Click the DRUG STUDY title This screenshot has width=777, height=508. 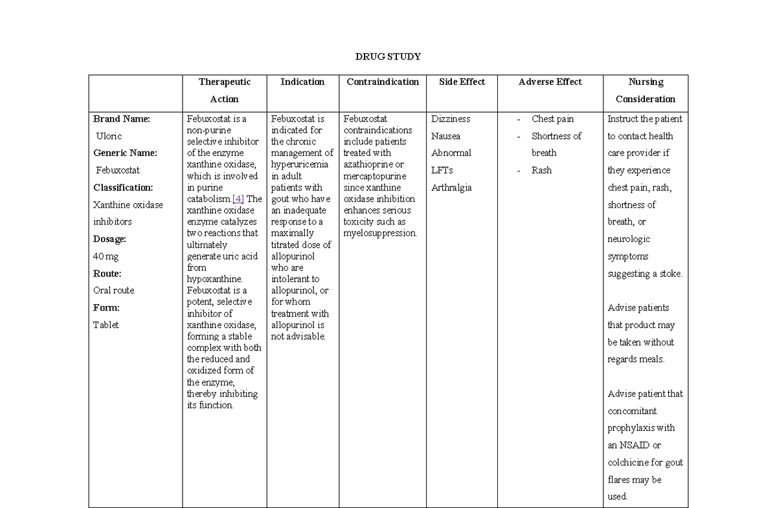388,56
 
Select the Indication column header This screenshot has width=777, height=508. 302,82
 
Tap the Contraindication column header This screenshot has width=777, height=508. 383,82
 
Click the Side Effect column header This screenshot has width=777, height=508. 462,82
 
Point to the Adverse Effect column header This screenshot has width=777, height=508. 550,82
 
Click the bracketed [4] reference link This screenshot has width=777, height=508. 238,199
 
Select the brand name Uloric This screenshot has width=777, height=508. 109,136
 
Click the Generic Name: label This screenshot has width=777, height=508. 125,153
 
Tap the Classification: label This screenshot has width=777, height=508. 123,188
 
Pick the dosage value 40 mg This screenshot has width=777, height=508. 106,256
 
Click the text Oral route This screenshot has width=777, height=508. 114,291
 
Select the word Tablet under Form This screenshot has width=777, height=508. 106,325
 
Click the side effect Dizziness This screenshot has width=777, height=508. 451,119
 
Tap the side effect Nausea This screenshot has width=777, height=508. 445,136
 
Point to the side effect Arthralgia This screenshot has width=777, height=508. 451,188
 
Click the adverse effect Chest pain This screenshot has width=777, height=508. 552,119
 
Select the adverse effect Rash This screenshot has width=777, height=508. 541,170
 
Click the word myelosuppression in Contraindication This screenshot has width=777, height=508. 380,233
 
